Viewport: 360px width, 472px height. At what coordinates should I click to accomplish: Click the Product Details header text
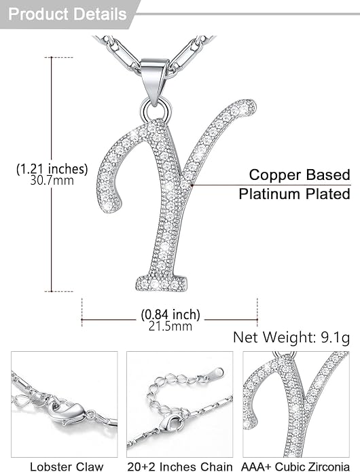(x=67, y=14)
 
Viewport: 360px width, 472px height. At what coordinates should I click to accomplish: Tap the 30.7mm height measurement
(x=52, y=181)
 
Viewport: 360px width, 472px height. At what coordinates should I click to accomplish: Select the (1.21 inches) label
(x=52, y=169)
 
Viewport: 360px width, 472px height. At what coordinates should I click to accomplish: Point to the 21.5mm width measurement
(x=170, y=326)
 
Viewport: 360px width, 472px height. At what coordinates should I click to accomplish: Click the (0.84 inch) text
(x=170, y=314)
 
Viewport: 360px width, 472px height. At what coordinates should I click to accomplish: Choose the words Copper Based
(x=300, y=175)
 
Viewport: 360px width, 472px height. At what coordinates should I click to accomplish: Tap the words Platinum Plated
(x=294, y=194)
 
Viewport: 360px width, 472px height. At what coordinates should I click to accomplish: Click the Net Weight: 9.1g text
(x=291, y=338)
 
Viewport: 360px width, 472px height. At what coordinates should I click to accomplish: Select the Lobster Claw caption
(x=67, y=467)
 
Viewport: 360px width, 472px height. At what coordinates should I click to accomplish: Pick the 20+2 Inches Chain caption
(x=180, y=467)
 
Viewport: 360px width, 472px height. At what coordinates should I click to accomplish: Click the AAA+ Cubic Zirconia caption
(x=295, y=467)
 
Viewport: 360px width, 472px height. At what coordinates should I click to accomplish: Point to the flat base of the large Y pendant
(x=161, y=283)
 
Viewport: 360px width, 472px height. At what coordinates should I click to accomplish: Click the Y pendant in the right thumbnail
(x=293, y=404)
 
